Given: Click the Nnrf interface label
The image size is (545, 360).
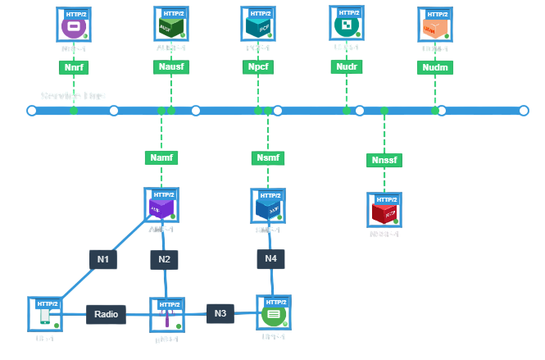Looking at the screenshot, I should pos(74,67).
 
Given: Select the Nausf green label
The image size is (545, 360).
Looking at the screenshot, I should pos(170,67).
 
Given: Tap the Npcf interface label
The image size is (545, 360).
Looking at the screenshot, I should pos(257,67).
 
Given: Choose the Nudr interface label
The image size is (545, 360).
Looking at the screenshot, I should pos(346,67).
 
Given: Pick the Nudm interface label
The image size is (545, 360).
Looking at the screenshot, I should pos(434,67).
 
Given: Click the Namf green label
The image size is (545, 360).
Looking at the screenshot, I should pos(161,157).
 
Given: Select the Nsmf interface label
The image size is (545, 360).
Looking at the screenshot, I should pos(267,157).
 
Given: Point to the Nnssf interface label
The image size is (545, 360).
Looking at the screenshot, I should pos(384,160).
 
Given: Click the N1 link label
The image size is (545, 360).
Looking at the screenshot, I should pos(103,260).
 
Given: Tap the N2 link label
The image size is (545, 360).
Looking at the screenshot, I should pos(164,260).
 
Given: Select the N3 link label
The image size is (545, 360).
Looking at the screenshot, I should pos(220,313).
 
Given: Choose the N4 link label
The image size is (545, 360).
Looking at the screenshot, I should pos(270,259).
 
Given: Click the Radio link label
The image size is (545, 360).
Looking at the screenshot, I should pos(106,314).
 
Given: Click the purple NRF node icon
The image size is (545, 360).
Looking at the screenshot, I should pos(74,26).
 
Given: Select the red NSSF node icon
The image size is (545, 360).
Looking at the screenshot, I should pos(384,212).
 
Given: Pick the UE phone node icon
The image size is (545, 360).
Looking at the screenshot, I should pos(45,315).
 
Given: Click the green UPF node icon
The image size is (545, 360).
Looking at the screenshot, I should pos(273,313).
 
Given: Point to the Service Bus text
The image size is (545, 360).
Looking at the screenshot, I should pos(74,96).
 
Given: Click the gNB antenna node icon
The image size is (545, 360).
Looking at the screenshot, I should pos(166,316).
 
